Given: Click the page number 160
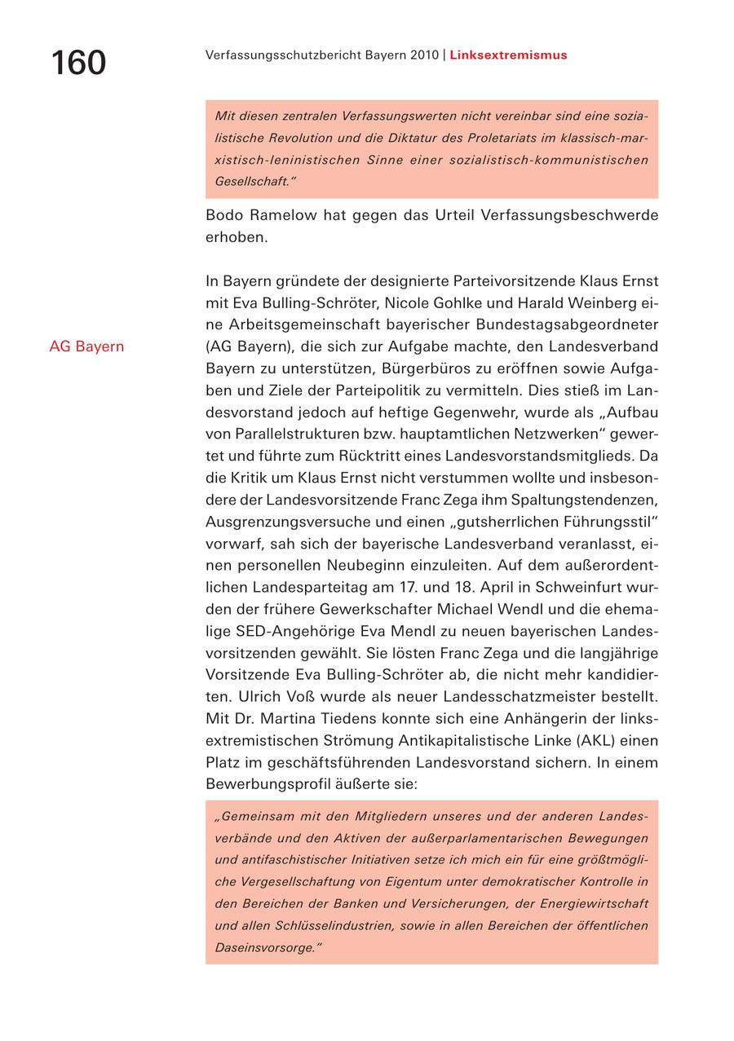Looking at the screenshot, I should [x=78, y=63].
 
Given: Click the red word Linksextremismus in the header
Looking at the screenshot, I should [x=508, y=55].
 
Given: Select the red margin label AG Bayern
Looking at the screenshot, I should [x=86, y=346].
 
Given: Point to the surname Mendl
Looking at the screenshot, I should [x=451, y=631].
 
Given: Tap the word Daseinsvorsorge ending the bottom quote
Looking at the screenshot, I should [x=265, y=948].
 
